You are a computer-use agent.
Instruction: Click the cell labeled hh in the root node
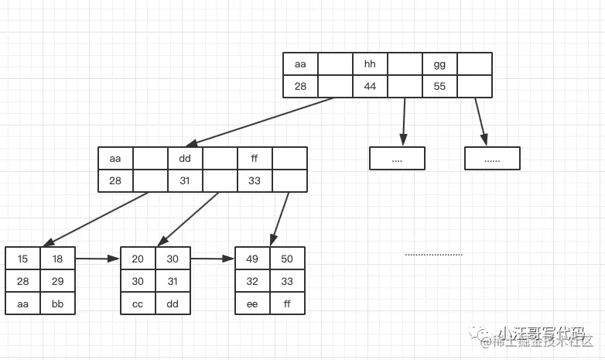point(370,63)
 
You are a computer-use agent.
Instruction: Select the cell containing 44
point(370,86)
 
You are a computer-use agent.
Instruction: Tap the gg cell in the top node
point(439,63)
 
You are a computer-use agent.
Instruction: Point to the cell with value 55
point(439,86)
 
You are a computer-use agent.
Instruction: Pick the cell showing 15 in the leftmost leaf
point(22,259)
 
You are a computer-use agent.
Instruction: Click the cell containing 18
point(57,259)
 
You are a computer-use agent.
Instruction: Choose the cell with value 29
point(57,281)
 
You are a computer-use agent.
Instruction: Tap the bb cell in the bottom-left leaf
point(57,303)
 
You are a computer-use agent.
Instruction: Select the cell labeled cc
point(138,303)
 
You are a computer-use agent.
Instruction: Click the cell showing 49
point(252,259)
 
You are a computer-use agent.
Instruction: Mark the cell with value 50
point(287,259)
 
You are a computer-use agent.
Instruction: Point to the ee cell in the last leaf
point(252,303)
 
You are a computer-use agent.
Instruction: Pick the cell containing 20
point(138,259)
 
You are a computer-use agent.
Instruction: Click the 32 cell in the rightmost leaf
point(252,281)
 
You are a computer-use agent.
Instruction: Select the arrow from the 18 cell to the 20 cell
point(97,259)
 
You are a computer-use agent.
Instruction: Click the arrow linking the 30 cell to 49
point(213,259)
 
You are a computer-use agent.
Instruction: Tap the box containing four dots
point(397,158)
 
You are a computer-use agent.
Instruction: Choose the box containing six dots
point(492,158)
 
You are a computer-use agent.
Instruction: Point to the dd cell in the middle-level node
point(185,159)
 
